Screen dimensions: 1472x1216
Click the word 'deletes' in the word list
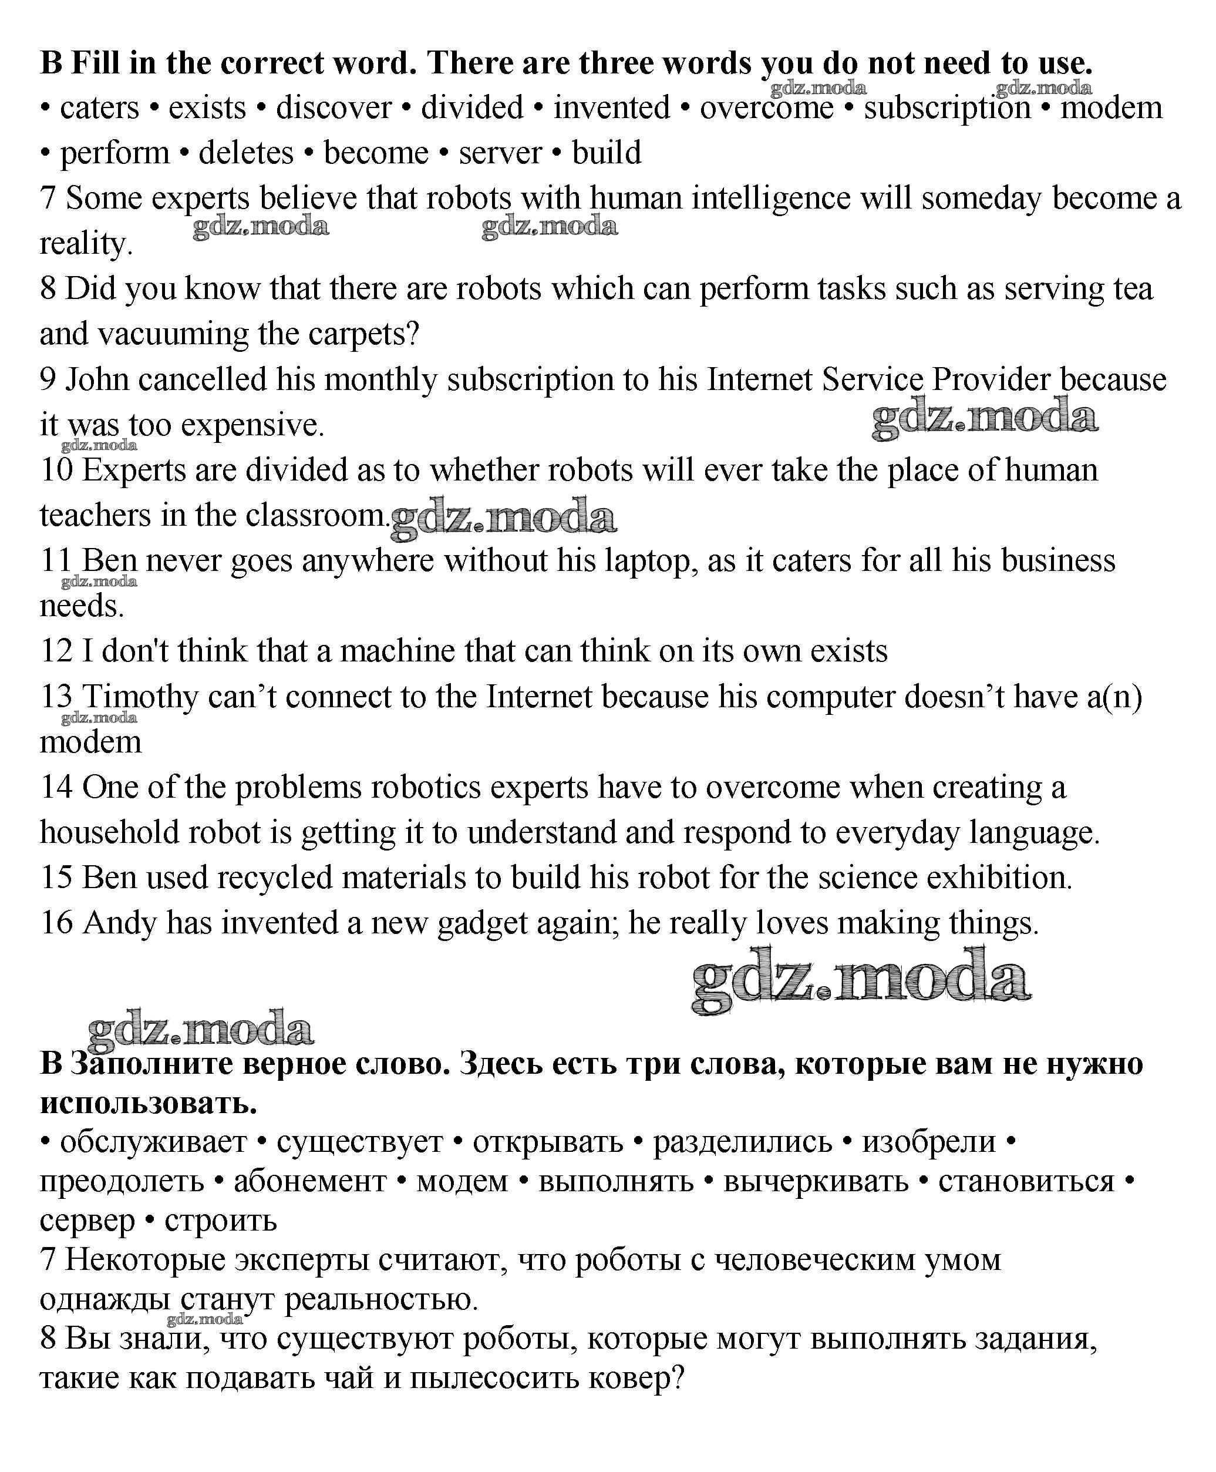tap(246, 153)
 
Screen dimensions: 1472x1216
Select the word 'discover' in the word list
tap(334, 108)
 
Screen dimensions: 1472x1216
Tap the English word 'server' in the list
tap(500, 153)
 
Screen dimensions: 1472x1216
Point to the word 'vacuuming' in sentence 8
tap(172, 334)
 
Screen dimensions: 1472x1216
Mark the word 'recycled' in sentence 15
tap(274, 878)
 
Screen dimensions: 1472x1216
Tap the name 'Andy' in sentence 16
tap(119, 923)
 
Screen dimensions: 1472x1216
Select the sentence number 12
tap(56, 651)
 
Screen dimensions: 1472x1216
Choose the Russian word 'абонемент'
tap(309, 1181)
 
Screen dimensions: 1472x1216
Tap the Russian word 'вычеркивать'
tap(816, 1181)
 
